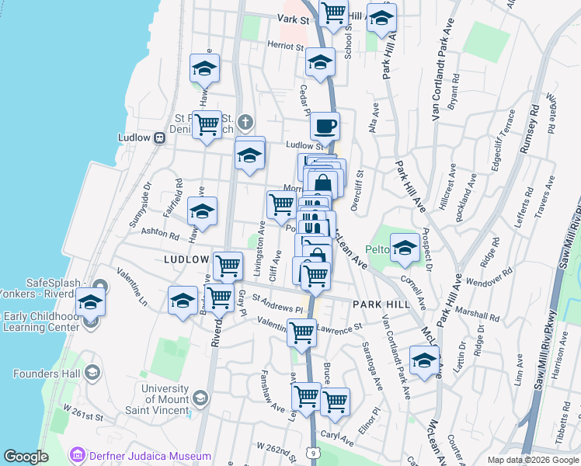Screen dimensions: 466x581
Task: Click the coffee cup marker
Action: click(325, 125)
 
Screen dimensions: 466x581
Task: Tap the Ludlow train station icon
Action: click(159, 137)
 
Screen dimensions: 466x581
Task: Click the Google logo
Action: click(26, 457)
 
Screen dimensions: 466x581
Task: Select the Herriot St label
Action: click(286, 47)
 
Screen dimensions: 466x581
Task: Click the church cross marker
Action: click(245, 122)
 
